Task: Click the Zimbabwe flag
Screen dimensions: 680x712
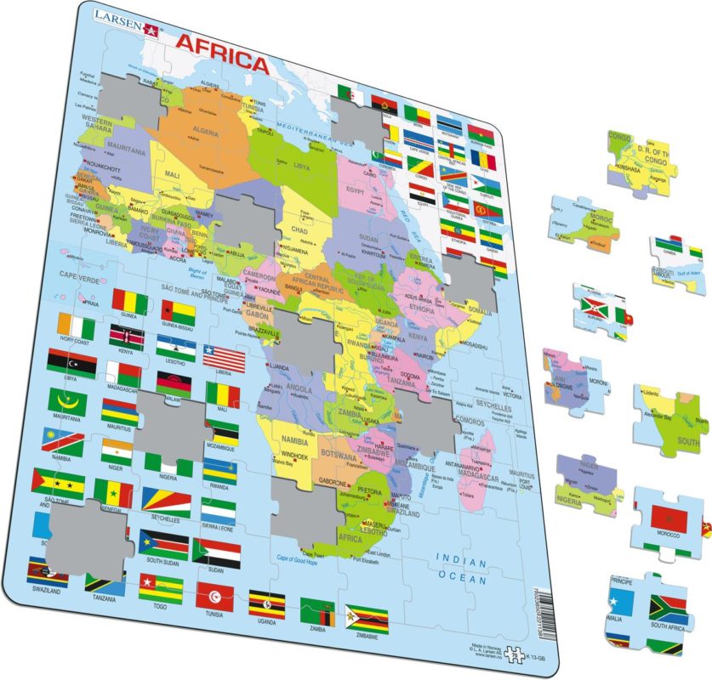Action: (367, 619)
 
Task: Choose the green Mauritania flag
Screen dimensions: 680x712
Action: (67, 400)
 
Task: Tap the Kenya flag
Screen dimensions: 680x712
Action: (126, 336)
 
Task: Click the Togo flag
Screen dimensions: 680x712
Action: (161, 586)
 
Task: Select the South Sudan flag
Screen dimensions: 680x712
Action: (164, 542)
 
